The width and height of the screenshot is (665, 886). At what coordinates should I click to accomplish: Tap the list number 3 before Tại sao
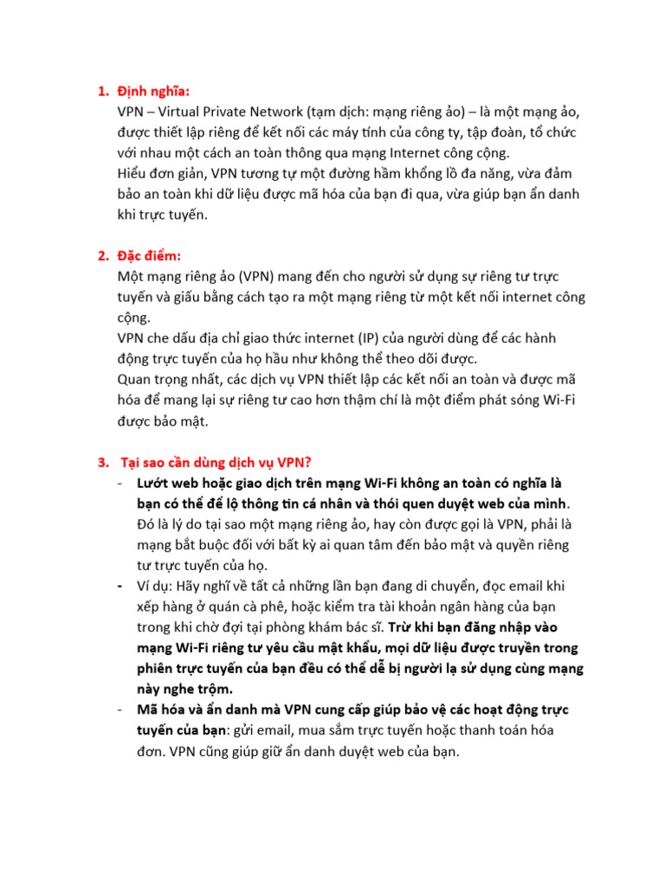tap(101, 461)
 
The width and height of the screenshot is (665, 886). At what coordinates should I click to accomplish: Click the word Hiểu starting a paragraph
tap(134, 174)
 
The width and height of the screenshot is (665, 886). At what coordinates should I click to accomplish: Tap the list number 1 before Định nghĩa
tap(101, 92)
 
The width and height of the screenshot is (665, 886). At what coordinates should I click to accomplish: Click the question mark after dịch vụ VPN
tap(320, 461)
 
